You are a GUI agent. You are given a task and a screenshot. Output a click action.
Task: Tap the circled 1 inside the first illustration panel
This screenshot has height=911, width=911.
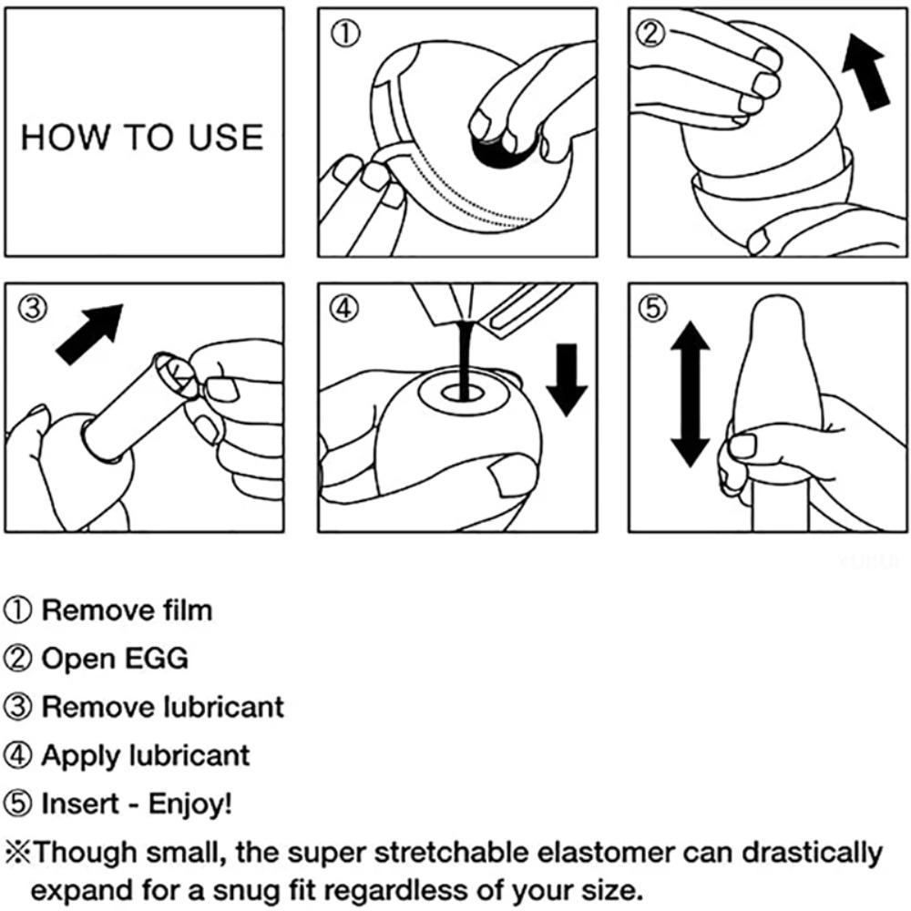345,35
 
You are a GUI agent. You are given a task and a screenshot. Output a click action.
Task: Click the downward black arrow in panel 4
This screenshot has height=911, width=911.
566,378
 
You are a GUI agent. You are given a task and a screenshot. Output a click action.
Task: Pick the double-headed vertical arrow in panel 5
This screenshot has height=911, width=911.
690,395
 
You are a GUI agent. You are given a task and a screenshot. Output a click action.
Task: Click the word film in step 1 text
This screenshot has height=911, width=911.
187,609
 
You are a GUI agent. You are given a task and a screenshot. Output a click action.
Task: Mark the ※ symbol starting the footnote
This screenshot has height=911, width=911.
17,854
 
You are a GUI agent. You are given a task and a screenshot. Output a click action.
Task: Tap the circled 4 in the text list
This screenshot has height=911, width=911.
18,755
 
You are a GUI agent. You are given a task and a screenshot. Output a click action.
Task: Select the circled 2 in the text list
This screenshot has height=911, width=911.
18,658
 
